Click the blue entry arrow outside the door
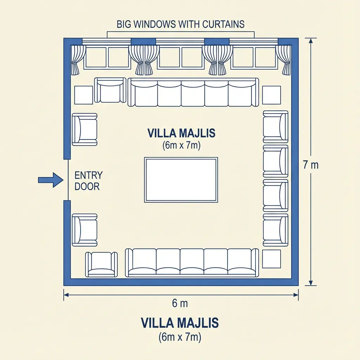(51, 180)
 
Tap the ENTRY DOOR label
(88, 181)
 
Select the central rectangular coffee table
(181, 180)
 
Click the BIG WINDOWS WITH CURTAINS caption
(180, 24)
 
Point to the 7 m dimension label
(311, 165)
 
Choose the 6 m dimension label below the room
(180, 303)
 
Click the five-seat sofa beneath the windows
(193, 92)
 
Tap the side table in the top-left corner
(84, 95)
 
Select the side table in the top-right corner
(271, 95)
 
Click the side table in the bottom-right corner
(271, 259)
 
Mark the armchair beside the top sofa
(110, 90)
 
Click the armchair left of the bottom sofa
(102, 264)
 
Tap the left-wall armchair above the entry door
(85, 129)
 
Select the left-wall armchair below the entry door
(85, 230)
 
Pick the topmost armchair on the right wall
(276, 127)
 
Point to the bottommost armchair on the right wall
(276, 230)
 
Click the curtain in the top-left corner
(77, 60)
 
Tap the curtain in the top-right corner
(284, 60)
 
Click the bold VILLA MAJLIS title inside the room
(181, 133)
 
